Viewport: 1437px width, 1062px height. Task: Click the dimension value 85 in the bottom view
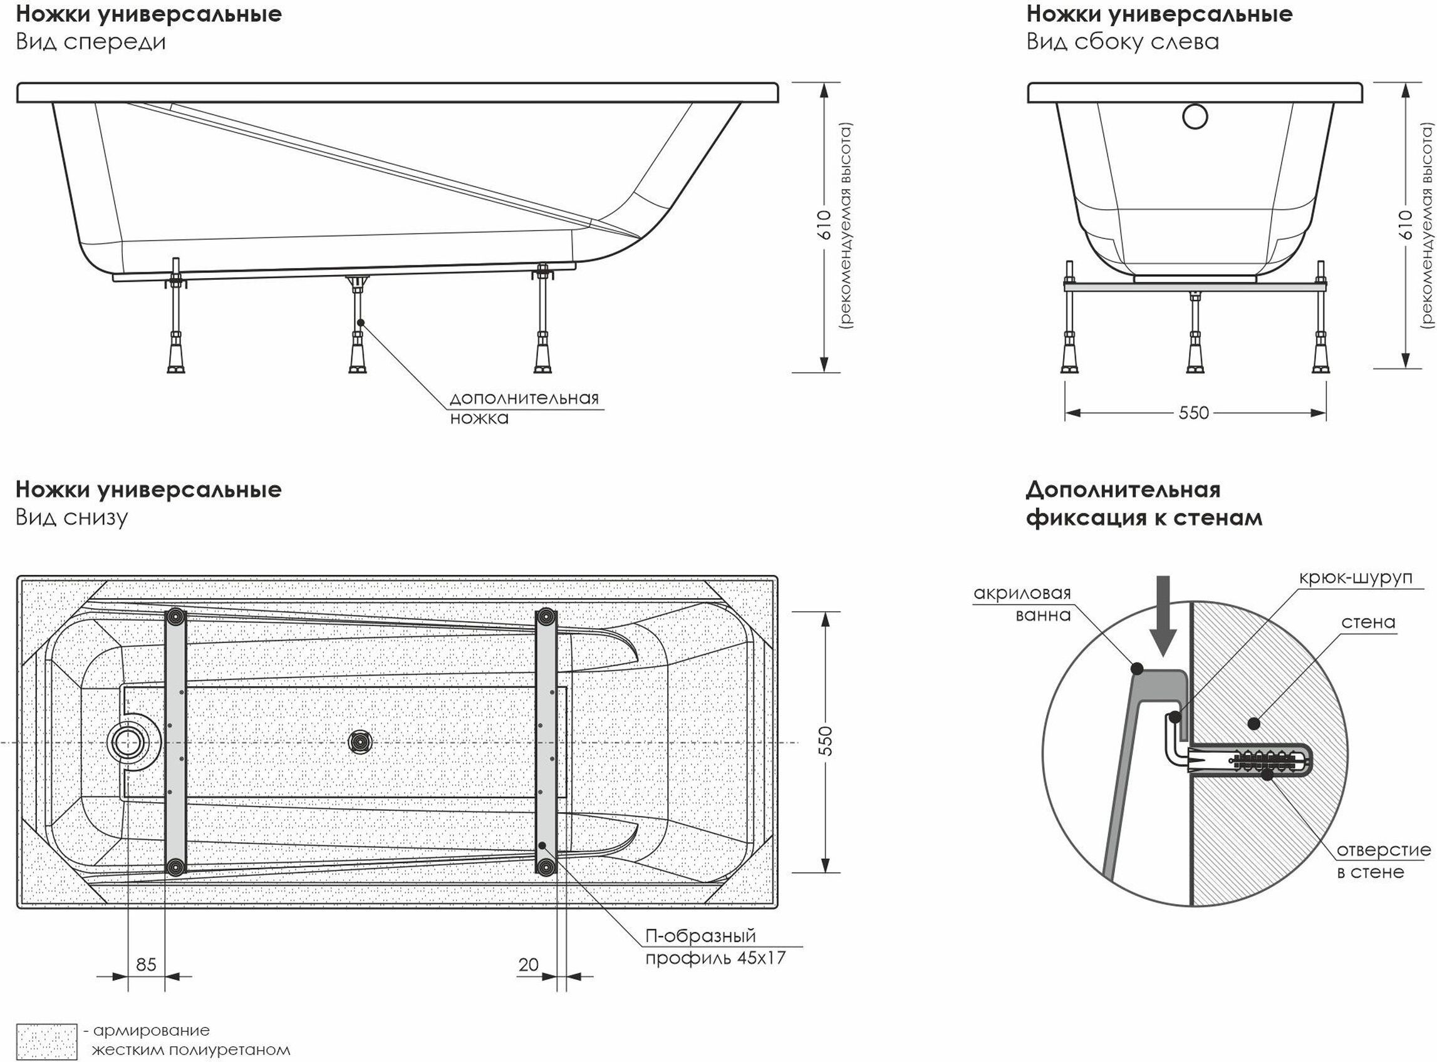click(x=146, y=964)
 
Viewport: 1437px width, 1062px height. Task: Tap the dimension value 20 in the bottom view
click(x=529, y=964)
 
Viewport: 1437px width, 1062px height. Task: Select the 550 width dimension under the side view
click(x=1194, y=413)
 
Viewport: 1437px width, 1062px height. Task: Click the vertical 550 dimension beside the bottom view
click(x=827, y=741)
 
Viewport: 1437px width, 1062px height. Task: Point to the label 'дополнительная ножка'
click(x=524, y=408)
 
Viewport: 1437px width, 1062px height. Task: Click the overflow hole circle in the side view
click(x=1195, y=116)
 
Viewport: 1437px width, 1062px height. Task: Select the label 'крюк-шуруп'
click(x=1356, y=577)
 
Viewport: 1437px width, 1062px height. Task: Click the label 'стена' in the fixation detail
click(x=1368, y=622)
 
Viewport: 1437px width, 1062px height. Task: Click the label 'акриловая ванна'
click(x=1022, y=604)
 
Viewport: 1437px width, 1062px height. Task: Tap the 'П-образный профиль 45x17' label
click(x=715, y=946)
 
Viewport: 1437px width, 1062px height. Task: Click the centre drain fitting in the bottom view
click(x=360, y=743)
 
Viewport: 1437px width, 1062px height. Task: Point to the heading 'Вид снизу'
click(x=72, y=517)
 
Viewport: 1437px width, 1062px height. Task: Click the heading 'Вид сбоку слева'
click(x=1123, y=42)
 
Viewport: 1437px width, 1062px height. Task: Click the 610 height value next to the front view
click(x=824, y=224)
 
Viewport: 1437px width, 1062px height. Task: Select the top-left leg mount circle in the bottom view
click(x=175, y=617)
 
